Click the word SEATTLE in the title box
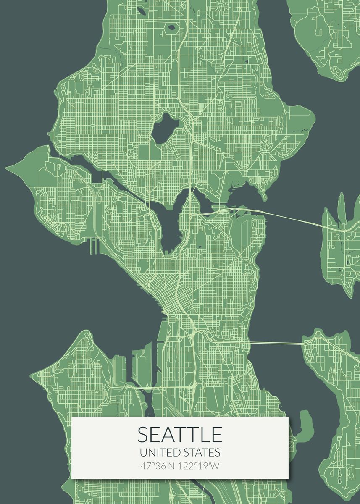point(180,435)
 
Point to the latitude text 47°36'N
point(158,466)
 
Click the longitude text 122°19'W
point(199,466)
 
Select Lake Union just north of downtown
point(170,229)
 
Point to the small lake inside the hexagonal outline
point(171,28)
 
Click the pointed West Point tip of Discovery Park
point(9,168)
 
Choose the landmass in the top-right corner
point(323,38)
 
